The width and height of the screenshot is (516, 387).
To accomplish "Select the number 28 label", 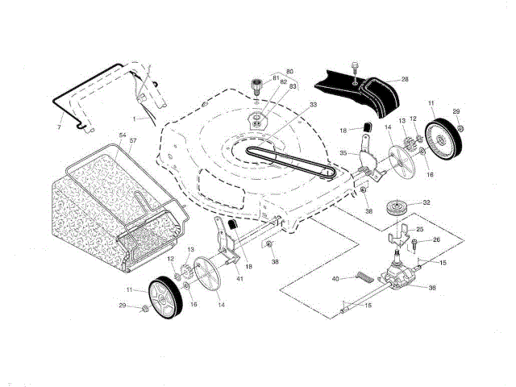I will (x=405, y=79).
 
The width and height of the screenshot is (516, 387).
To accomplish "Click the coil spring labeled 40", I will (x=364, y=279).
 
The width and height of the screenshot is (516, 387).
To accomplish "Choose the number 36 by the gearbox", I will (x=432, y=288).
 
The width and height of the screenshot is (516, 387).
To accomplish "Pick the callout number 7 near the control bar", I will (x=60, y=127).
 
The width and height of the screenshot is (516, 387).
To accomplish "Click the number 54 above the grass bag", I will (x=123, y=135).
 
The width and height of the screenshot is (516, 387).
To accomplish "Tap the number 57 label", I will (x=134, y=141).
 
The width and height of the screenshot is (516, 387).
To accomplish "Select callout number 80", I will (x=290, y=71).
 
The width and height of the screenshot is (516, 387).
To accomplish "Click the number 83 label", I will (x=293, y=86).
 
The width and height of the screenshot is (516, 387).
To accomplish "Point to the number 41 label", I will (x=239, y=278).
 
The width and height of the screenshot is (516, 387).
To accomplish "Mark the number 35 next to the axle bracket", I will (x=343, y=152).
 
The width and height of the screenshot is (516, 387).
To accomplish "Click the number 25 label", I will (x=418, y=230).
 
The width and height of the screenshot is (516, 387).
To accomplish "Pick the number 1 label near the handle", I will (x=147, y=118).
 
